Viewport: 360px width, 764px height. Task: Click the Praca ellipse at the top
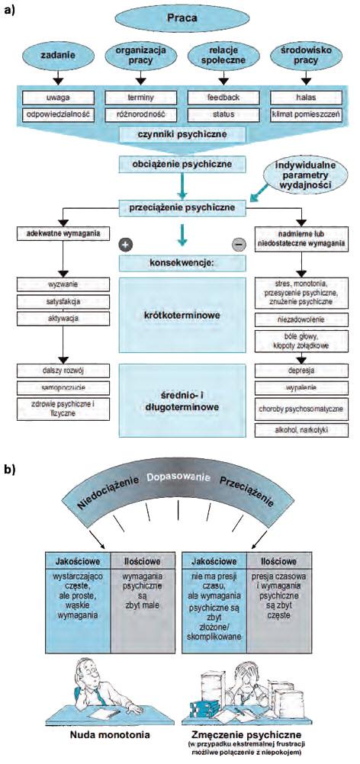[179, 19]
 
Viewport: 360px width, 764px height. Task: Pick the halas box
[305, 98]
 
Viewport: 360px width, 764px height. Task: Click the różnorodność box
[140, 114]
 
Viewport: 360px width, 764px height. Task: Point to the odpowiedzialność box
[58, 114]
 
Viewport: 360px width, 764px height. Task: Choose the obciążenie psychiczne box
[180, 164]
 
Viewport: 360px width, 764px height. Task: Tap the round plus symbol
[125, 245]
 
